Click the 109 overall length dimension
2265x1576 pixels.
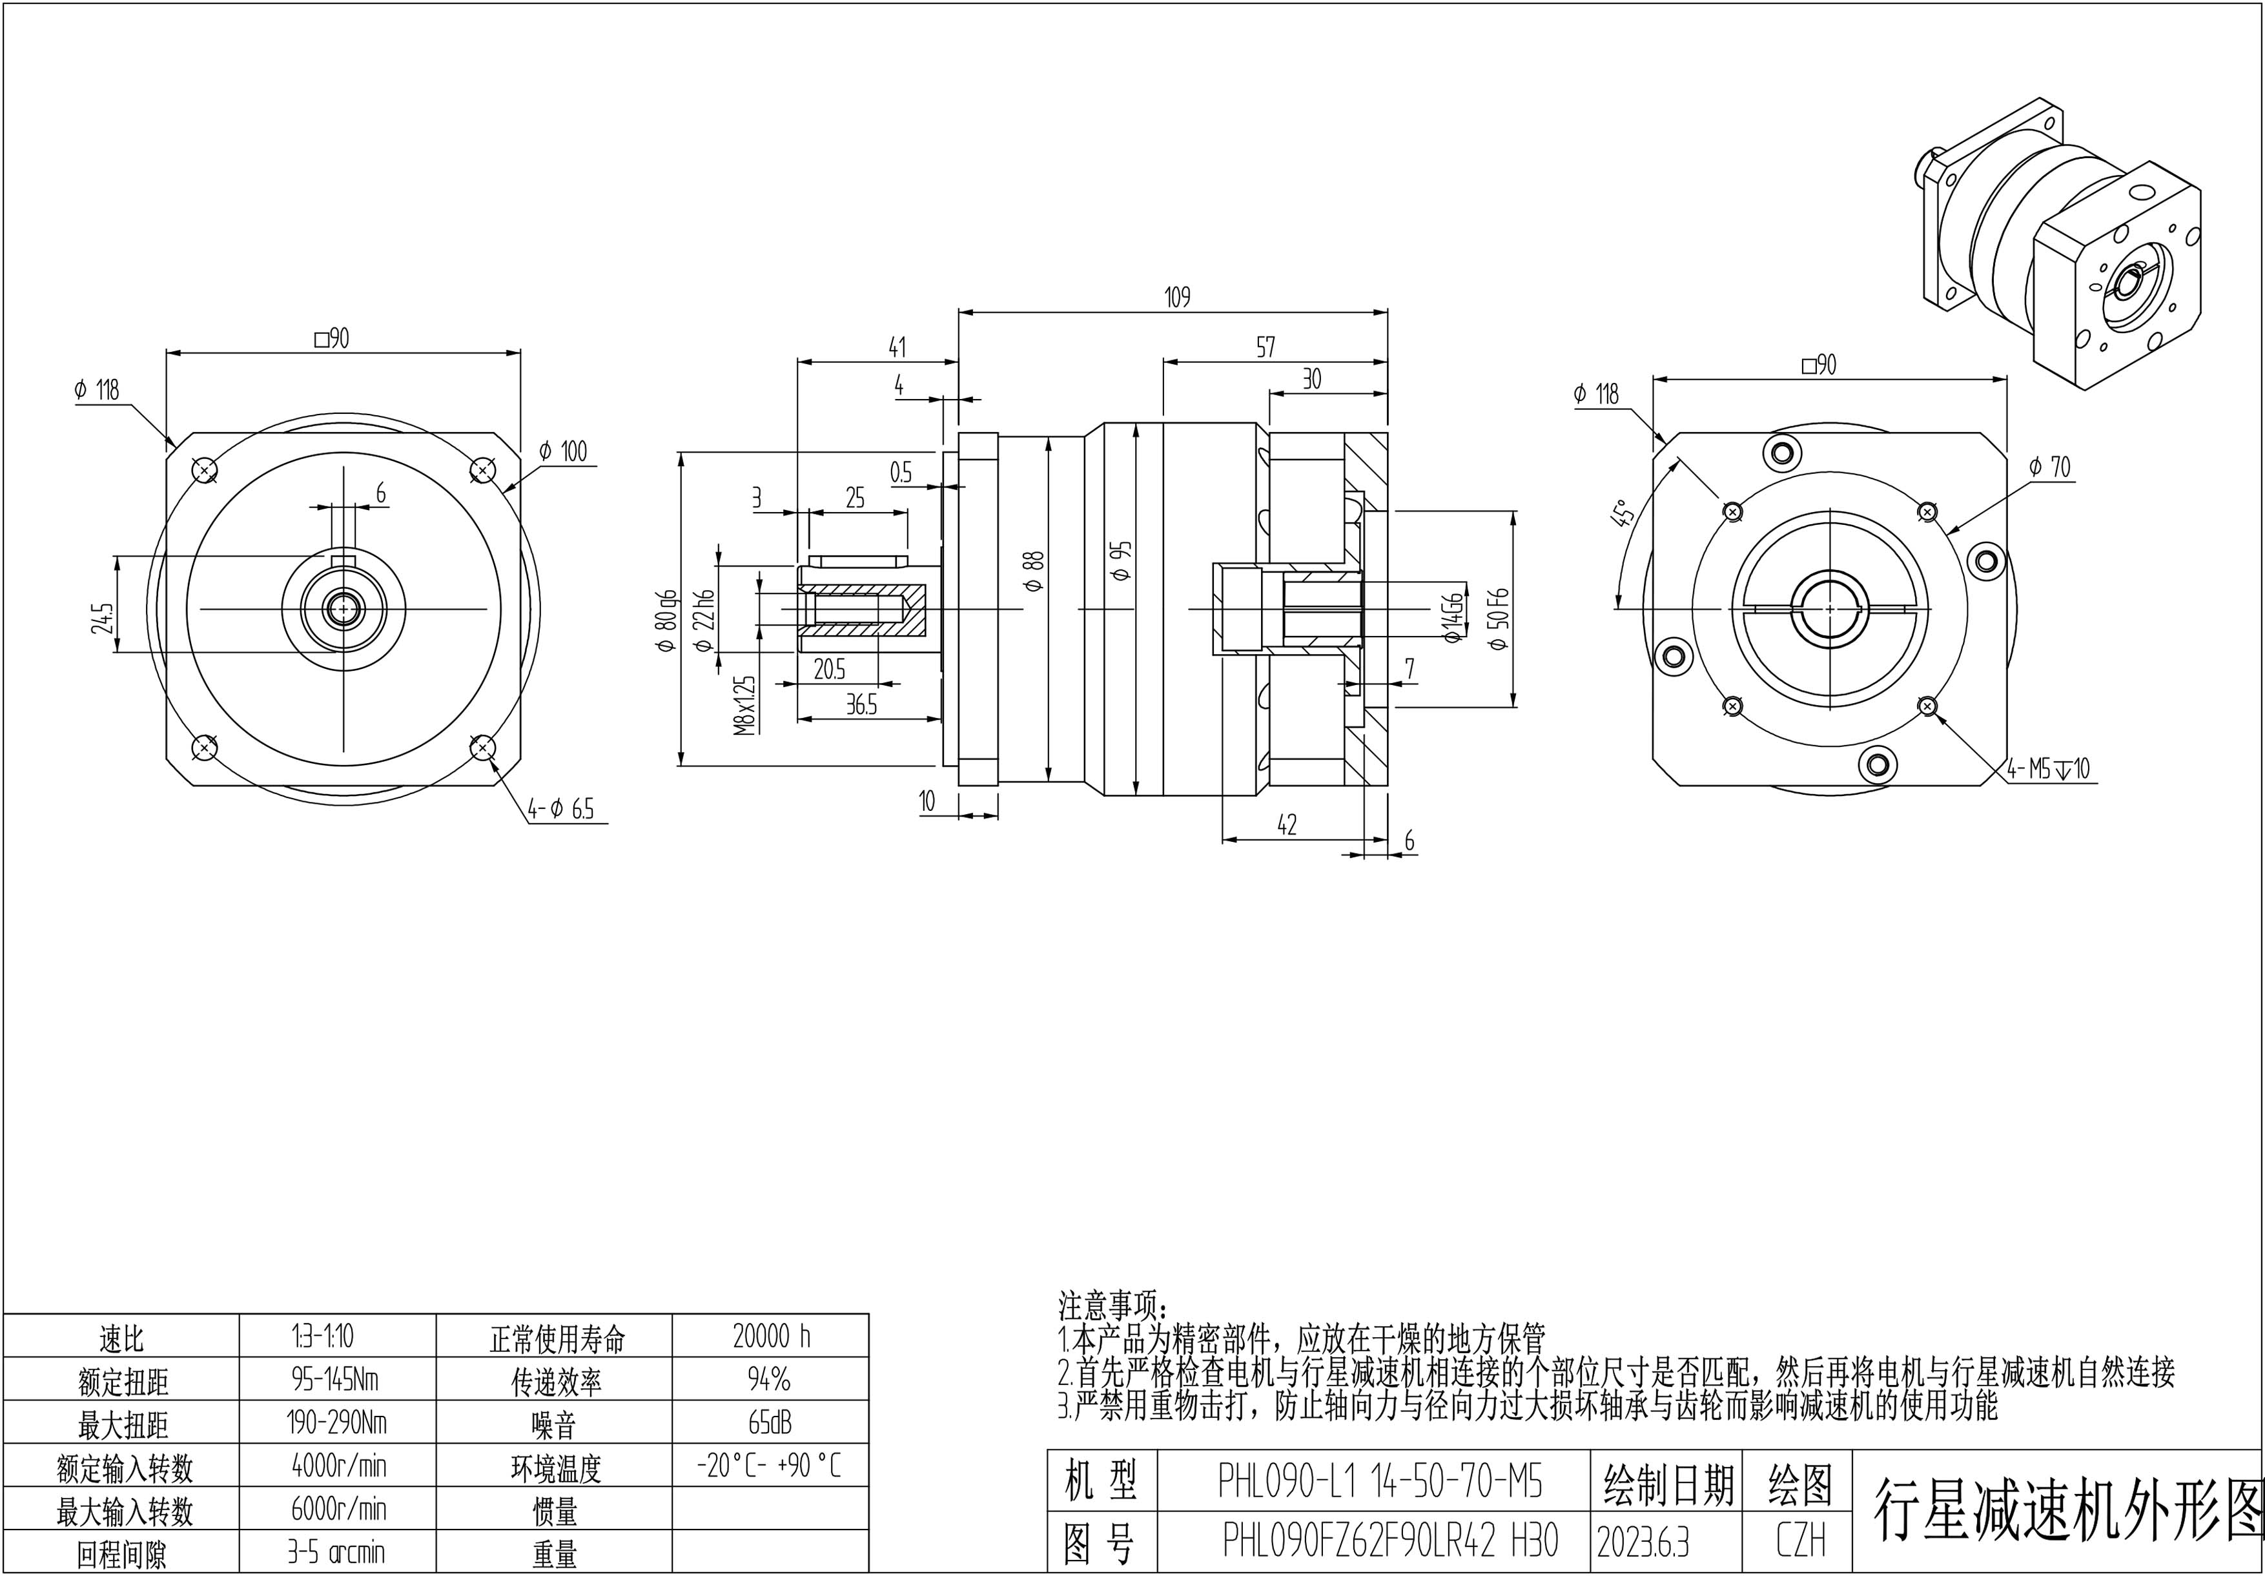click(1178, 297)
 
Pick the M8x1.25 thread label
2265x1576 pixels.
click(745, 705)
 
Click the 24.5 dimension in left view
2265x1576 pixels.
click(103, 619)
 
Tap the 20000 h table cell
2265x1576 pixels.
click(772, 1336)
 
